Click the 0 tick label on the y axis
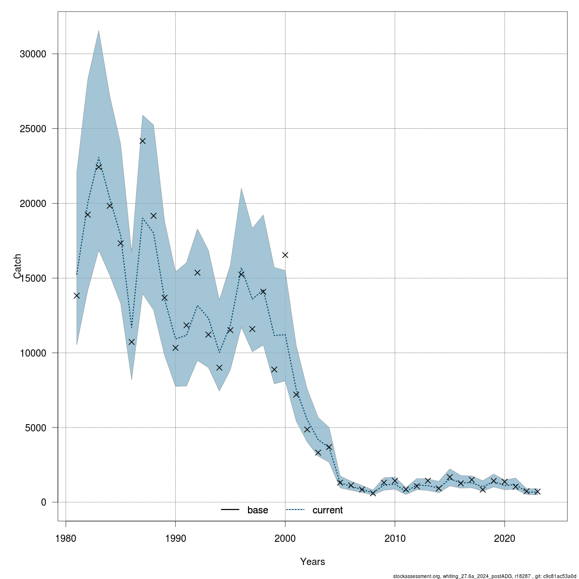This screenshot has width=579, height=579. coord(43,503)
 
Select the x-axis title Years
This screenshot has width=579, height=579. coord(313,562)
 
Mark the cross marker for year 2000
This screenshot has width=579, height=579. coord(285,255)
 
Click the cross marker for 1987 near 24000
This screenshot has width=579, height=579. coord(142,141)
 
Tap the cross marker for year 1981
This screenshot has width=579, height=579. coord(77,295)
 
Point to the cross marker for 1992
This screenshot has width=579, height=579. coord(197,273)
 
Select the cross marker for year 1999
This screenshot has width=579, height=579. coord(274,370)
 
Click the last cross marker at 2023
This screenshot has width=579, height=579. coord(538,491)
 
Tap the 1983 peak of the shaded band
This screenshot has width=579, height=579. coord(98,30)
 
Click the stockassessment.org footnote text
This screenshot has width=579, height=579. coord(484,576)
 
